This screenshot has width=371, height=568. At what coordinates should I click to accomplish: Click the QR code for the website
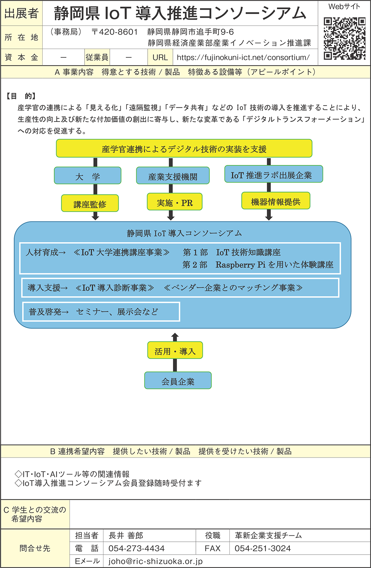[x=344, y=38]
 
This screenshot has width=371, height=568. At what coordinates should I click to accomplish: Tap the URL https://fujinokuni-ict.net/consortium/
[x=243, y=57]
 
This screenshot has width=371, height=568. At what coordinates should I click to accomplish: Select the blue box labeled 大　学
[x=88, y=176]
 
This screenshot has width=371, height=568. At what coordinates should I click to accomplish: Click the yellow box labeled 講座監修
[x=90, y=203]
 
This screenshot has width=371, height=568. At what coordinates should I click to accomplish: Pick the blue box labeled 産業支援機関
[x=173, y=176]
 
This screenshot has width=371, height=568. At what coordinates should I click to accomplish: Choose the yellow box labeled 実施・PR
[x=175, y=202]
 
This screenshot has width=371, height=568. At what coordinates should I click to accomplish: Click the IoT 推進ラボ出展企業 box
[x=273, y=175]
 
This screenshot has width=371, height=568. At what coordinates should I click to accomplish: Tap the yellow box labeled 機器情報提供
[x=276, y=201]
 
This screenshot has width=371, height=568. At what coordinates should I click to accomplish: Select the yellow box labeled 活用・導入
[x=175, y=351]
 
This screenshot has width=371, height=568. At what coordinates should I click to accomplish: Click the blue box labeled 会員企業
[x=178, y=381]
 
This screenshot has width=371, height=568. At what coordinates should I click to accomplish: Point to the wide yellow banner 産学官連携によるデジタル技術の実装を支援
[x=184, y=149]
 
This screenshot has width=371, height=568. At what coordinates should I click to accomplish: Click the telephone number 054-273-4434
[x=137, y=548]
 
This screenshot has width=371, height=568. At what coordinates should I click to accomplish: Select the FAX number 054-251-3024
[x=263, y=548]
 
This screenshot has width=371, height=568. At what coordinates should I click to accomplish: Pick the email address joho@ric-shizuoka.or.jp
[x=155, y=561]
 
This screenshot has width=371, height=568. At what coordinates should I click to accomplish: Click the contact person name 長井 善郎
[x=126, y=535]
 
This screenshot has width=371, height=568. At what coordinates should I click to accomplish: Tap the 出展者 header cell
[x=22, y=13]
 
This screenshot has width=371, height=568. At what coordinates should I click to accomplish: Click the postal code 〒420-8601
[x=114, y=32]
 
